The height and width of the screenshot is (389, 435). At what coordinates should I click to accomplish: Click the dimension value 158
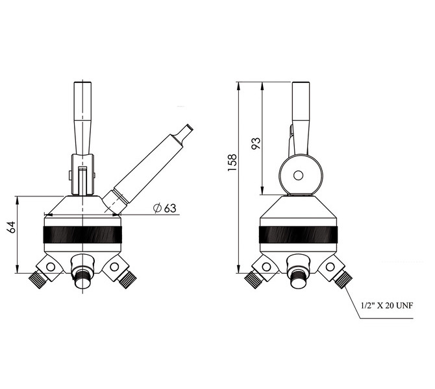coord(232,162)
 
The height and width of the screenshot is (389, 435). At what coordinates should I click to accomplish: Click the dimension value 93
coord(256,143)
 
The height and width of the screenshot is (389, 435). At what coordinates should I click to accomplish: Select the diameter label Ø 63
coord(165,208)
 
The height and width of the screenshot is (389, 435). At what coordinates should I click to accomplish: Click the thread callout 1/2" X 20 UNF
coord(387,306)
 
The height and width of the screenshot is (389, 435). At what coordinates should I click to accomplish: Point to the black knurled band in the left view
coord(82,235)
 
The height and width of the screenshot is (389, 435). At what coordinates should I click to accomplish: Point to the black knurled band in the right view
coord(298,235)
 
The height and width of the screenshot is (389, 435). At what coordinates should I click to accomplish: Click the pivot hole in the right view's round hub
coord(298,176)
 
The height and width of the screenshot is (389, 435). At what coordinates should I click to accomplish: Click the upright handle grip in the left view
coord(82,118)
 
